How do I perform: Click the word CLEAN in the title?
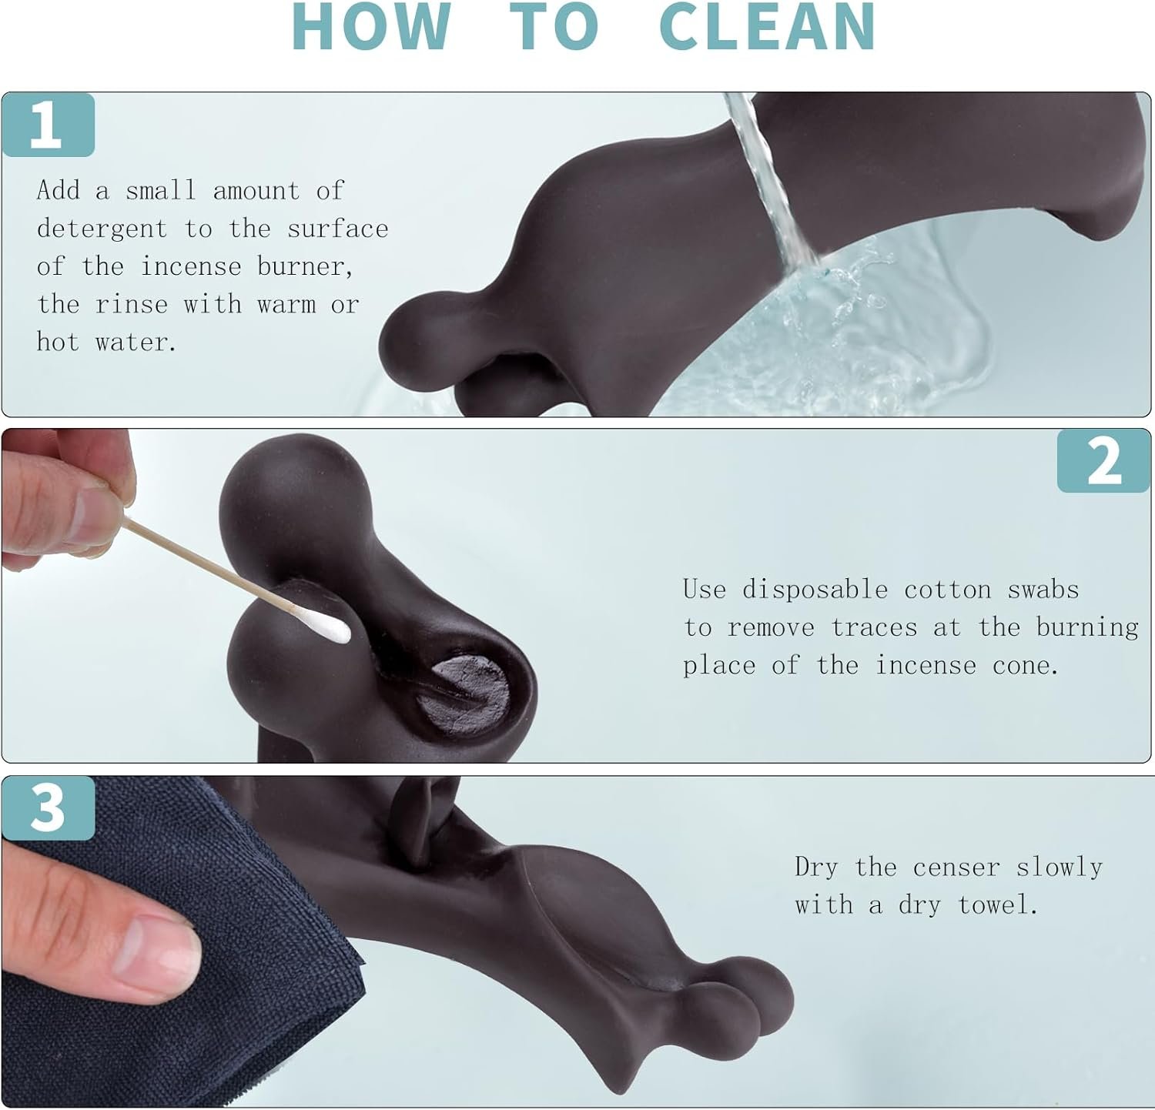tap(768, 27)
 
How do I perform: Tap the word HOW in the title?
tap(371, 27)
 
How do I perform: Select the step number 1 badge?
tap(48, 125)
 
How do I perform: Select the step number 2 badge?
tap(1104, 461)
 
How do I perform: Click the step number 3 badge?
tap(48, 808)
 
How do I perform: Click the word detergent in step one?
tap(102, 229)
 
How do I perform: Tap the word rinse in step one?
tap(131, 304)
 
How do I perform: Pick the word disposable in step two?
tap(815, 590)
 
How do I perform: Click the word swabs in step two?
tap(1043, 590)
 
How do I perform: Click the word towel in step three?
tap(998, 904)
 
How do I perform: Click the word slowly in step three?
tap(1060, 868)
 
